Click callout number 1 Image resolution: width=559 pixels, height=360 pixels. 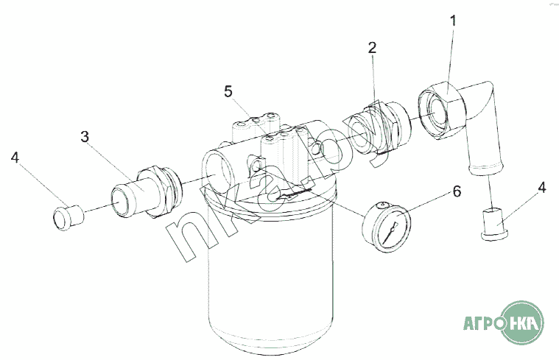(x=453, y=21)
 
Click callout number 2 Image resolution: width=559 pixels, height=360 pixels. (x=372, y=48)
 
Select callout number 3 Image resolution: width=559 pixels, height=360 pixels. (x=85, y=136)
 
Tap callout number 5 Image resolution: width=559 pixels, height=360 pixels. (x=228, y=91)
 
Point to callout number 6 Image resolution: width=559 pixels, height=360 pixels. (x=457, y=191)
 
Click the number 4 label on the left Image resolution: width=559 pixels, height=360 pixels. (x=15, y=158)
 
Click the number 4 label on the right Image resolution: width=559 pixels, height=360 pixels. (x=542, y=188)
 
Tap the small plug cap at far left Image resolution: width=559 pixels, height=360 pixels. (x=68, y=218)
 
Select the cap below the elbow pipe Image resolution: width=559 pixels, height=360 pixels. (x=494, y=225)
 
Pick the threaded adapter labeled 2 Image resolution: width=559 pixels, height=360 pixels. (x=379, y=128)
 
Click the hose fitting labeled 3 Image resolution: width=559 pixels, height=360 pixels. (x=146, y=191)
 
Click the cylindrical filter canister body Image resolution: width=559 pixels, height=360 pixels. (x=271, y=278)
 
